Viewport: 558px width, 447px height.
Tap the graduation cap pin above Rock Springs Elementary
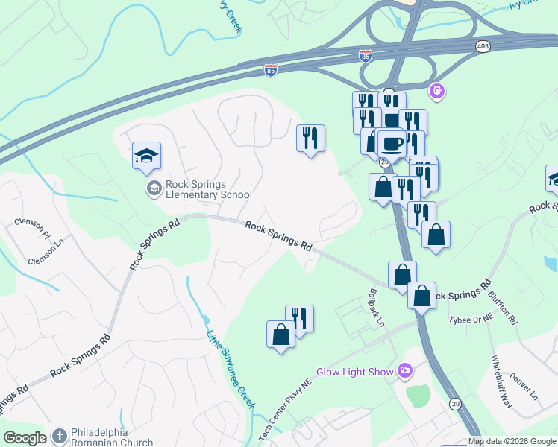[147, 156]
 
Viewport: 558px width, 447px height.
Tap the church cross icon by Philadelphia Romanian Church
[58, 438]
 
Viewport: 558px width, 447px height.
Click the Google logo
[25, 439]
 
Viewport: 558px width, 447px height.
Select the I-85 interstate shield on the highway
[270, 70]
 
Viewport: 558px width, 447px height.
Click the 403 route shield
[482, 46]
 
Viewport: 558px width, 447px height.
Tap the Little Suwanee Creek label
[231, 368]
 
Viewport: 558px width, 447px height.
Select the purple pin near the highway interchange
[436, 92]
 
